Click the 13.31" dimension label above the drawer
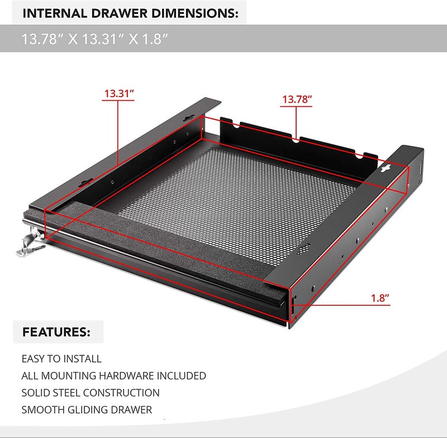point(118,93)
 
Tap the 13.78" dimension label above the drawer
point(297,100)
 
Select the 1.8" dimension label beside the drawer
point(380,298)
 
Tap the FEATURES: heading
point(56,332)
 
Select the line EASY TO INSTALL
point(61,359)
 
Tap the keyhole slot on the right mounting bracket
point(386,168)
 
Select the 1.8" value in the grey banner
point(154,39)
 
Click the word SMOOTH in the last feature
point(44,410)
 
